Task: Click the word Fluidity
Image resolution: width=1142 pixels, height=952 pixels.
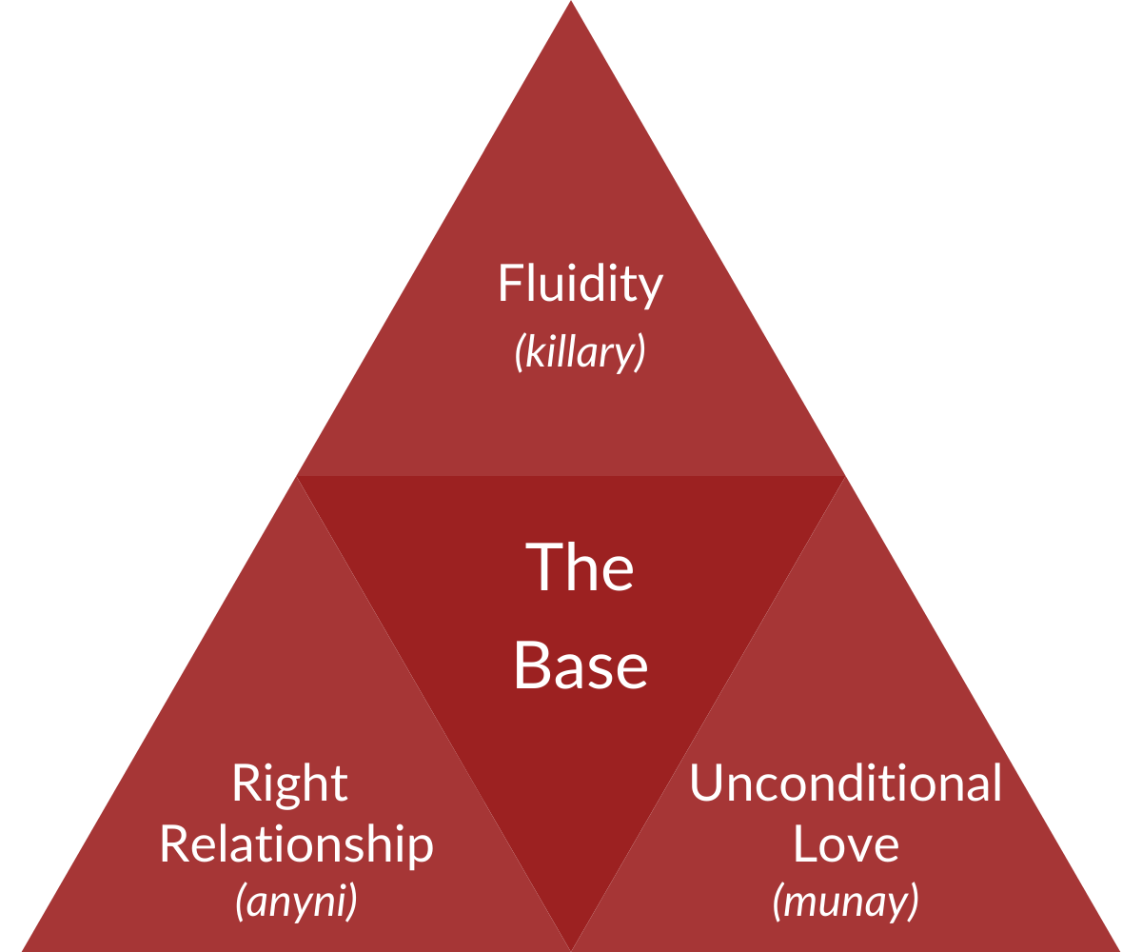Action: coord(580,285)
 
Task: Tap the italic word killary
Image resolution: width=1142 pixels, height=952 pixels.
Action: coord(581,351)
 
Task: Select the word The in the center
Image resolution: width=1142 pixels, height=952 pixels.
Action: coord(580,567)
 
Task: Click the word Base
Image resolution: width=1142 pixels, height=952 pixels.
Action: coord(581,665)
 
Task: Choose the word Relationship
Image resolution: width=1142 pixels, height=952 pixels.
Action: coord(296,844)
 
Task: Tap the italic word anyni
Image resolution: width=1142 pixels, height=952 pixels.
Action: coord(297,902)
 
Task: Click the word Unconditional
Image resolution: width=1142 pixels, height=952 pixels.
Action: coord(846,783)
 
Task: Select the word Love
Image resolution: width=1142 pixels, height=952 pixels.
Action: coord(846,844)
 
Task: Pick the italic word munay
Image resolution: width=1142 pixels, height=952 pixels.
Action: coord(846,902)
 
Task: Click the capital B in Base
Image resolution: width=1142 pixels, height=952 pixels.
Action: coord(531,665)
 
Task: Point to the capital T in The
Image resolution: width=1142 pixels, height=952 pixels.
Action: coord(542,567)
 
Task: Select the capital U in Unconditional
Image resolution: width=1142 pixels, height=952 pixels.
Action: coord(705,783)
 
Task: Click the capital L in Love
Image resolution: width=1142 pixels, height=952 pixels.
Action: coord(803,844)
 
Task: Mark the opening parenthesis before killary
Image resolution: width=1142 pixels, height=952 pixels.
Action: coord(520,353)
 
